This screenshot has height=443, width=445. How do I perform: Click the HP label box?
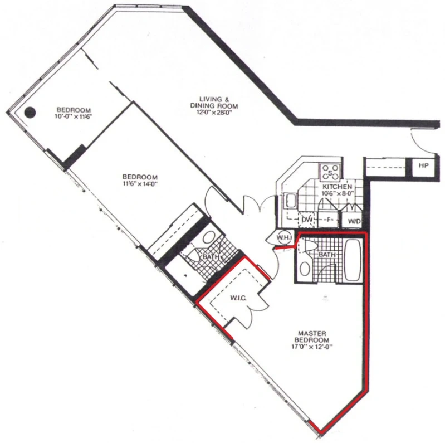point(423,165)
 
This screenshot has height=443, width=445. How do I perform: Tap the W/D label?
point(354,221)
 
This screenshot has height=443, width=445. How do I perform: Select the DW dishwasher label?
point(307,220)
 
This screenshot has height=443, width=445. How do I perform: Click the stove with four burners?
point(330,172)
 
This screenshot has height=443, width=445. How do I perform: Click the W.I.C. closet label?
point(238,298)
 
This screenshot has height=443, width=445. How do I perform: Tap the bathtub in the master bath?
point(353,260)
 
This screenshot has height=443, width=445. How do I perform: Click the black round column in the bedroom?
point(30,113)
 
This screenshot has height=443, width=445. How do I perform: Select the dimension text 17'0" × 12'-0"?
point(312,347)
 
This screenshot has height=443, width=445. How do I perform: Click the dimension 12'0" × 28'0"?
point(214,113)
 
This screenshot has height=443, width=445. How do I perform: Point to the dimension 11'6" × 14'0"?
point(140,183)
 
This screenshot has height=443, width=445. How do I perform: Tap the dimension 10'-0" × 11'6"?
point(74,116)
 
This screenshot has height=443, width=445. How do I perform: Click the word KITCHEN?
point(337,187)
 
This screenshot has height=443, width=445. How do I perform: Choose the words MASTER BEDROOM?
point(312,337)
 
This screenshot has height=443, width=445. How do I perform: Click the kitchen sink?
point(290,201)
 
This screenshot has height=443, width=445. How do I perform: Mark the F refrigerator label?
point(329,220)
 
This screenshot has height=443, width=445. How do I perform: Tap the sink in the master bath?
point(305,269)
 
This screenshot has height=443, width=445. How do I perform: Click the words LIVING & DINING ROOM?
point(214,103)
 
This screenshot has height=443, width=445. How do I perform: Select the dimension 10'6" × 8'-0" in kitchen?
point(337,194)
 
